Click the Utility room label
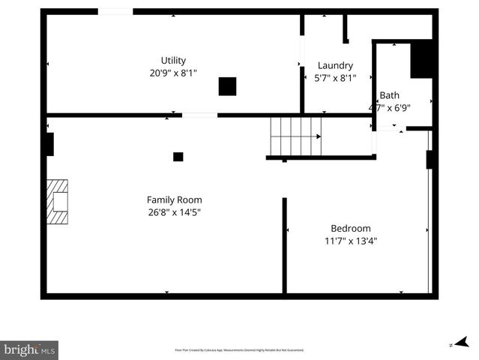click(173, 61)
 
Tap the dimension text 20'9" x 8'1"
click(173, 73)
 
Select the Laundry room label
click(335, 66)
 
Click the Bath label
click(389, 95)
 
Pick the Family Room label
click(174, 199)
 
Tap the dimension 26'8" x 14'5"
click(174, 211)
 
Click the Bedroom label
click(351, 229)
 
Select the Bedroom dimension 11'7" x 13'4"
click(351, 241)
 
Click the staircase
click(296, 136)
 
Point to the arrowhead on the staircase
click(319, 136)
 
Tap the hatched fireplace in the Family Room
click(57, 201)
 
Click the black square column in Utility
click(227, 86)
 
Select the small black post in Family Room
click(178, 157)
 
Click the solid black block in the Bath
click(422, 58)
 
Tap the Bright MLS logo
click(29, 349)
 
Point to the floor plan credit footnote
click(239, 350)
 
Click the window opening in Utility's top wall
click(115, 11)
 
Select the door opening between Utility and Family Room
click(199, 115)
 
